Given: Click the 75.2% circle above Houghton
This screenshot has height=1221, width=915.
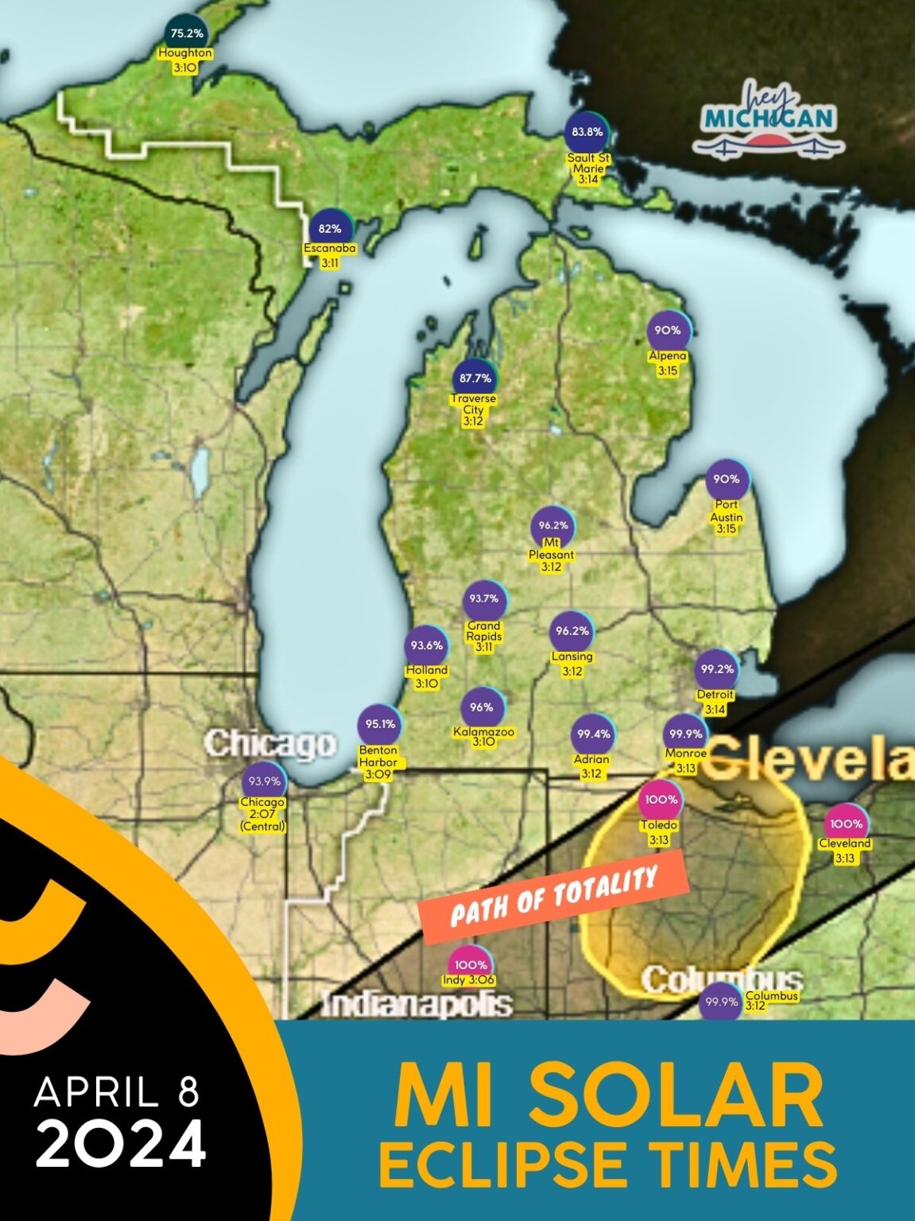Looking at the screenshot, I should [x=187, y=33].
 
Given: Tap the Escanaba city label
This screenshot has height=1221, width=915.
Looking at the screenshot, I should [x=330, y=248].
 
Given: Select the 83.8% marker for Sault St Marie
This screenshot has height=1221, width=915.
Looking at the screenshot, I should [x=587, y=132].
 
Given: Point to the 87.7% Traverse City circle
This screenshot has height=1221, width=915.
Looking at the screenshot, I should [x=475, y=378].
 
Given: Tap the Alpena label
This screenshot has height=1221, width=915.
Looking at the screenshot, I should [x=667, y=356].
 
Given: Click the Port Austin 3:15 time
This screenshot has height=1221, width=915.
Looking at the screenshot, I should [x=726, y=529].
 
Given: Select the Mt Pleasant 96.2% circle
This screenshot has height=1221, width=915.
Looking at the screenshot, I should [x=552, y=525].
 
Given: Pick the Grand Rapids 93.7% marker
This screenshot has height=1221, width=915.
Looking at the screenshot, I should [x=483, y=599].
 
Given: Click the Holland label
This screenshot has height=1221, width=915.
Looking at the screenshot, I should [x=427, y=670].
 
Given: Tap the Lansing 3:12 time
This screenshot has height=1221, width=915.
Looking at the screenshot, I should [x=572, y=671].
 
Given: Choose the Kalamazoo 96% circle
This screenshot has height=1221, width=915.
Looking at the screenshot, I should [x=482, y=707].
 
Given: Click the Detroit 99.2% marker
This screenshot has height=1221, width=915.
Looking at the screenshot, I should [x=716, y=669].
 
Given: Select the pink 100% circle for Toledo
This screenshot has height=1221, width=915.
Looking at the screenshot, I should [x=661, y=800].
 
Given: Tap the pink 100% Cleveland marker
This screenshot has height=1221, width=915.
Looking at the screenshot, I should [x=846, y=824].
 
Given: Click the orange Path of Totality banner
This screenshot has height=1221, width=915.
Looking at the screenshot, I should [x=554, y=896].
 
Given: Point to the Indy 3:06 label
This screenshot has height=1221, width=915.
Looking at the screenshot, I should [x=469, y=980].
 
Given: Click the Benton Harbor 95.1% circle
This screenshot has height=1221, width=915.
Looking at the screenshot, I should [x=380, y=723].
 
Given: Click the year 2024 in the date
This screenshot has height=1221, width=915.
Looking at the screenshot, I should [x=121, y=1145].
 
